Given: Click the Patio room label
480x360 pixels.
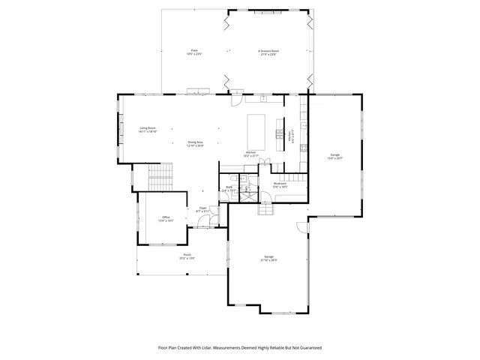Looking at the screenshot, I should pos(194,52).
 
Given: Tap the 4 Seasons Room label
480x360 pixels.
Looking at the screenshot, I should pos(268,52).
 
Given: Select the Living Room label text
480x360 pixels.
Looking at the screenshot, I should pos(147,129).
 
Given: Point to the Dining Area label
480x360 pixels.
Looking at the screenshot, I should pos(196,143).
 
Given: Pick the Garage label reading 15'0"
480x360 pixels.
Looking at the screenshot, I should pos(334,156).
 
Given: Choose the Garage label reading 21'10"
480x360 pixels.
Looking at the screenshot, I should pos(268,258).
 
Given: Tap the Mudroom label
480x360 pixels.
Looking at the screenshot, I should pos(280,184).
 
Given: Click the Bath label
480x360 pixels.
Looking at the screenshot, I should pos(229,189).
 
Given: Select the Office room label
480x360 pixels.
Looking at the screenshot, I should pos(166,219).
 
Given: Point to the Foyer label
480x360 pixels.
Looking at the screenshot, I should pos(202,209).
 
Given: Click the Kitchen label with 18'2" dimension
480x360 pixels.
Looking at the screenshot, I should pos(250,154).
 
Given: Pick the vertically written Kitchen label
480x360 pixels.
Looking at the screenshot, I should pos(291,136).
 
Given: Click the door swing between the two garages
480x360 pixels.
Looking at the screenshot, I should pos(301,227).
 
